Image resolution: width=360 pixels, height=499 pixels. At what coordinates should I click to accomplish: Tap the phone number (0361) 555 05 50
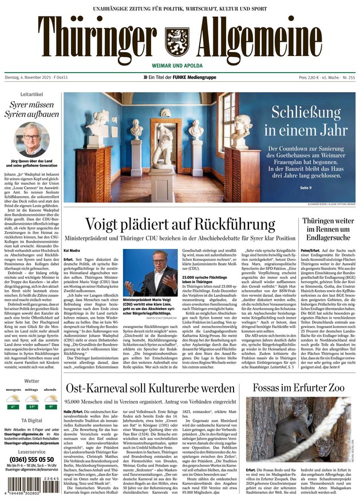(31, 459)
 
